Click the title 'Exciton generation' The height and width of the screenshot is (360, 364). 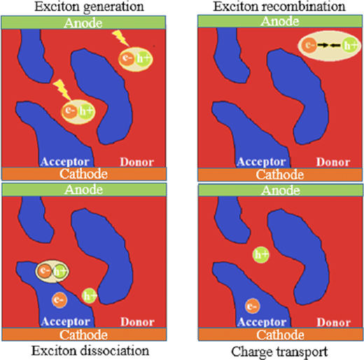click(89, 6)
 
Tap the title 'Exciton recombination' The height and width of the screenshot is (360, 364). click(279, 6)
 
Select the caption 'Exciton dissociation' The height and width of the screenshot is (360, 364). click(90, 351)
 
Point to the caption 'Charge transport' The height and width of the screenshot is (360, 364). click(279, 352)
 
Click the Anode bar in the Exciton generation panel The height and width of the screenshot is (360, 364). click(83, 22)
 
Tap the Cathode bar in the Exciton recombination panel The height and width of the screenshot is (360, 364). click(280, 174)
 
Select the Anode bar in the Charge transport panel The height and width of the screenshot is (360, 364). click(281, 191)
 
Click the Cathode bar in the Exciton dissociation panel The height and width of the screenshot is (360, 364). click(84, 335)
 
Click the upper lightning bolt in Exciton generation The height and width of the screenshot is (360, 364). click(120, 38)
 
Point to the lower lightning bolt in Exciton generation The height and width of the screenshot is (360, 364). click(62, 90)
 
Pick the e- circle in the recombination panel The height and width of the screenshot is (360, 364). click(309, 45)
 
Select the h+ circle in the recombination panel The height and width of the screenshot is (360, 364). click(349, 45)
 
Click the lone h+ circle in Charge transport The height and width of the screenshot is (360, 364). click(261, 254)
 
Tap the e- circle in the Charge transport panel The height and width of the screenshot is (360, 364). click(252, 306)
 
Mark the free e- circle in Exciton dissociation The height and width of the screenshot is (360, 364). click(59, 300)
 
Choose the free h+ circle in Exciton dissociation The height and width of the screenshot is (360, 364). click(90, 296)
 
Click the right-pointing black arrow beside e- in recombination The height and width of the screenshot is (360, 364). click(323, 46)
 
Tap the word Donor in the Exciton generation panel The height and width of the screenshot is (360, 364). click(136, 162)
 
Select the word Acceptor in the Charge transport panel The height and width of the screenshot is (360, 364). click(262, 322)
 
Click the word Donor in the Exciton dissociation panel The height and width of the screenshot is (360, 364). click(137, 322)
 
